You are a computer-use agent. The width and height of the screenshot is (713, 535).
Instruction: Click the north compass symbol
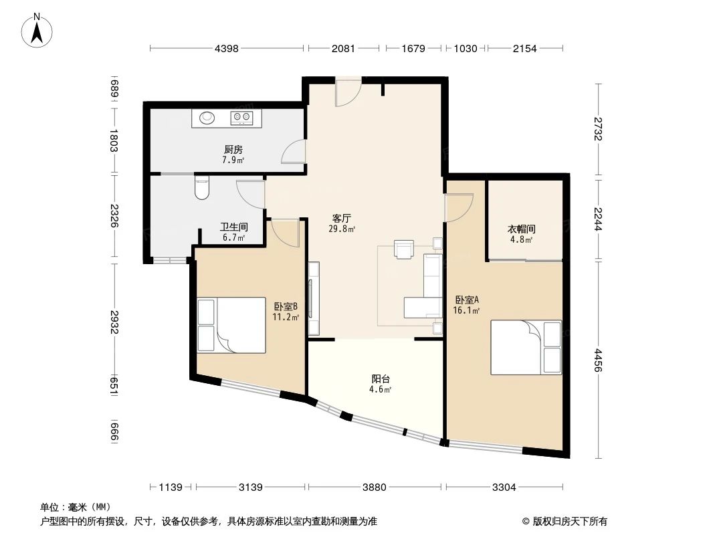tap(38, 29)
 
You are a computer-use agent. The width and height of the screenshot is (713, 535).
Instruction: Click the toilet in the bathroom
tap(201, 187)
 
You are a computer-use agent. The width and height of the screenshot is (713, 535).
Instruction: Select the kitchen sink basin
tap(207, 119)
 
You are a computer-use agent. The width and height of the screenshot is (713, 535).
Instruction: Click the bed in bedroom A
tap(526, 347)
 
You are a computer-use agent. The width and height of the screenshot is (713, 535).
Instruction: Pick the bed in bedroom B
tap(231, 325)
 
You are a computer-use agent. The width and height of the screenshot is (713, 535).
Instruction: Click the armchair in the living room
tap(404, 249)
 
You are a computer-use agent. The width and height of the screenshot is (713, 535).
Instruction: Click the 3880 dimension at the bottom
tap(375, 488)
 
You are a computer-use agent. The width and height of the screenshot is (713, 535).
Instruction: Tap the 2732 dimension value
tap(598, 128)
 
